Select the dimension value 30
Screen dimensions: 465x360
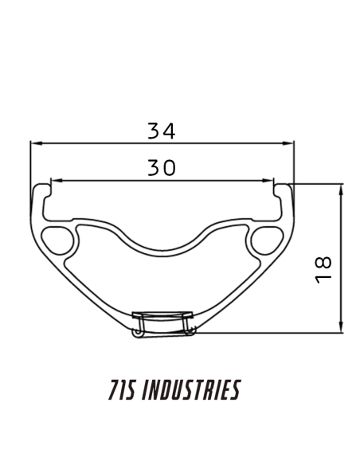161,168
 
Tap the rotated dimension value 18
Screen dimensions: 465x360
323,269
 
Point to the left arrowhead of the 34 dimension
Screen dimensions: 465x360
34,144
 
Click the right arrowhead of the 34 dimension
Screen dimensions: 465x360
291,144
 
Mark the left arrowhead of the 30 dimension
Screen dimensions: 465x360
53,181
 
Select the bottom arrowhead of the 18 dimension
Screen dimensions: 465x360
341,328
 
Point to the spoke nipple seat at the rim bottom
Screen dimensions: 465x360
162,322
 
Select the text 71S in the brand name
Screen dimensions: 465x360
119,390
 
